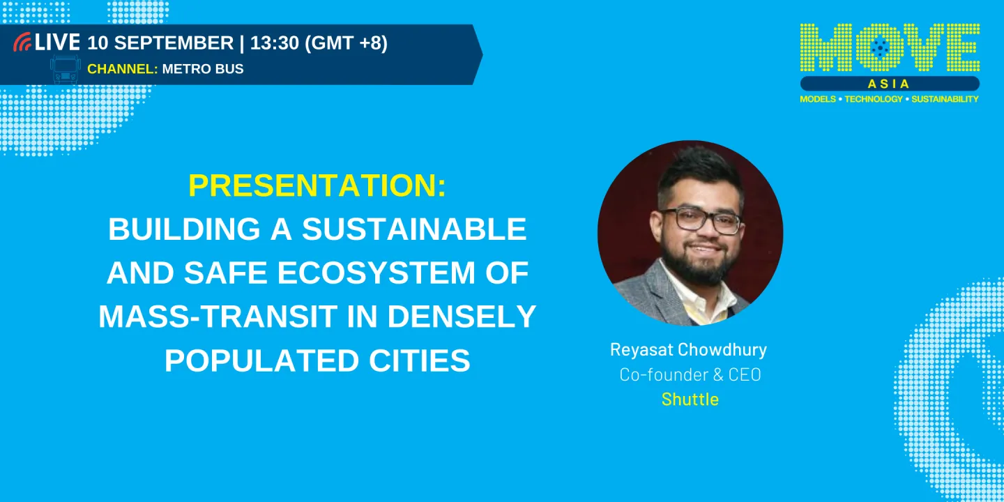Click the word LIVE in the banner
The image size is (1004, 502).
tap(58, 43)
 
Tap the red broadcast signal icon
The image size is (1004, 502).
tap(22, 43)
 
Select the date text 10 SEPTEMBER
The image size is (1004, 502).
tap(160, 43)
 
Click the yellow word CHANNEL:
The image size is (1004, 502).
tap(122, 69)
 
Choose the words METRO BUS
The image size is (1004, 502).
tap(203, 69)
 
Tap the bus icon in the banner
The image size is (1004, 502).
tap(66, 70)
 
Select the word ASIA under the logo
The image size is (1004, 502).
tap(889, 84)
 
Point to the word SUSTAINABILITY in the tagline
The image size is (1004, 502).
tap(945, 99)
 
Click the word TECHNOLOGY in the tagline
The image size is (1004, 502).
tap(873, 99)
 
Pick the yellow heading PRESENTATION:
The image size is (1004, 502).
tap(317, 186)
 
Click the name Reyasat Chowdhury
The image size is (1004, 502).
tap(689, 349)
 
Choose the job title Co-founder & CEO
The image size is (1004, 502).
tap(690, 374)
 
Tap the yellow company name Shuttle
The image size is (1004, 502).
tap(690, 400)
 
